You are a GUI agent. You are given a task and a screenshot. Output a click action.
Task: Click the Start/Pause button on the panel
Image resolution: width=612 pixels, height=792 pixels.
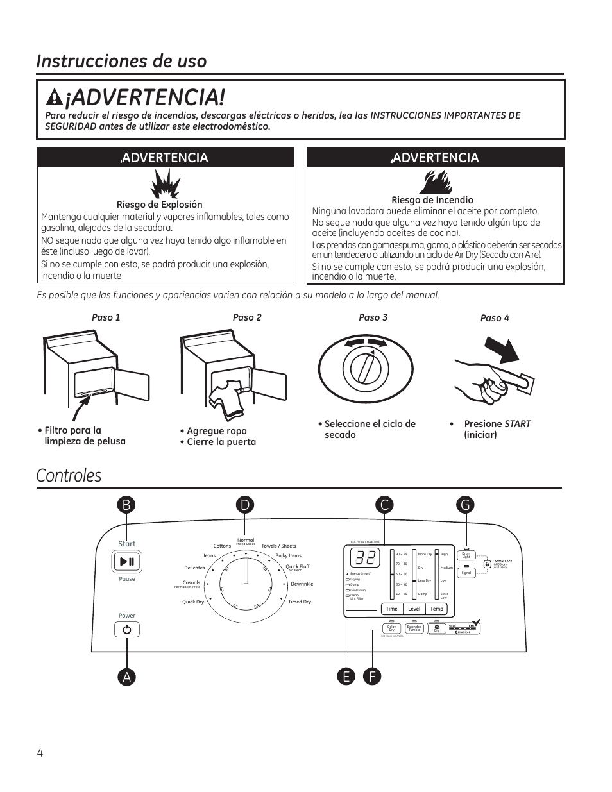coord(127,562)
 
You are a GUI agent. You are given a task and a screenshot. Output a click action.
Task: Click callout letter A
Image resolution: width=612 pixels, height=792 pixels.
coord(127,677)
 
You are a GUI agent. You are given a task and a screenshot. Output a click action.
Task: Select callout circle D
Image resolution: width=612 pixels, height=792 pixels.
coord(245,505)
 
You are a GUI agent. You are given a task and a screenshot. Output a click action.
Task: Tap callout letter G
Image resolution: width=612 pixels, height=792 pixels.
coord(466,505)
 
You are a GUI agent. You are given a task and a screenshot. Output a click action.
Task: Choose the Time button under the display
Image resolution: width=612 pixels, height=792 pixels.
coord(392,609)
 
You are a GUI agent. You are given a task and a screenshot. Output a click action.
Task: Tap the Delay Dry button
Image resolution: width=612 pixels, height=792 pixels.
coord(391,629)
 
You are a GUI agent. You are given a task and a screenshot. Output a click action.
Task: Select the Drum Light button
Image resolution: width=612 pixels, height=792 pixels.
coord(466,555)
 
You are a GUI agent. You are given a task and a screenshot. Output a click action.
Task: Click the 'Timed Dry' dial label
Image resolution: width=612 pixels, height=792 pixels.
coord(300,602)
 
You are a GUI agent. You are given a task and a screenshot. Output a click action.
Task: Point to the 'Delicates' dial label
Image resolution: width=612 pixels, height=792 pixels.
coord(194,568)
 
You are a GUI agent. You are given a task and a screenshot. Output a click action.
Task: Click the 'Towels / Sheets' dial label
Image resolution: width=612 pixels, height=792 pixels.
coord(278,546)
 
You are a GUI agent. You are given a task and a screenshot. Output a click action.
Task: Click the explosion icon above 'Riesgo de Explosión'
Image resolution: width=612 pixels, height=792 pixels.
coord(165,184)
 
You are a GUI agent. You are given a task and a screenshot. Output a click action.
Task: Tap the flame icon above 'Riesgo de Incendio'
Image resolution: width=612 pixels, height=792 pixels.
coord(435,181)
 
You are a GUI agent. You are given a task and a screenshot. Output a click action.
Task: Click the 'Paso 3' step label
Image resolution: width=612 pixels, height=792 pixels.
coord(373,317)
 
